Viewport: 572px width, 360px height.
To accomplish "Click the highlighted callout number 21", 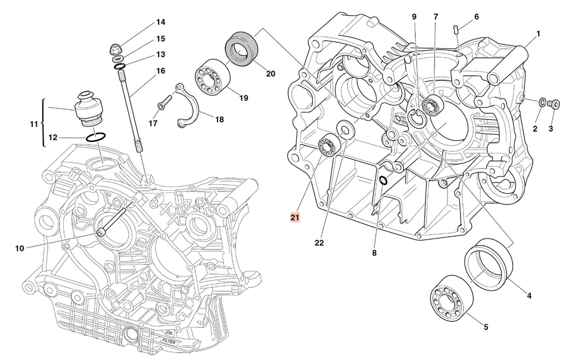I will point(296,217).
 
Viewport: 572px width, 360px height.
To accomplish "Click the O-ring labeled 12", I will point(97,137).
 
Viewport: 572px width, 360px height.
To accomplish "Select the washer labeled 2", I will point(542,103).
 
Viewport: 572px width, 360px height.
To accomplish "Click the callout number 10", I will point(20,248).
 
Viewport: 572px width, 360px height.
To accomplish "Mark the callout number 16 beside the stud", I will point(161,71).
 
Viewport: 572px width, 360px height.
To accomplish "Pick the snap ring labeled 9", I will point(416,119).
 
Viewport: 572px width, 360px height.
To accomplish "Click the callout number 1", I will point(538,34).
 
